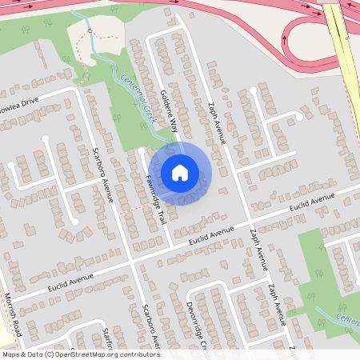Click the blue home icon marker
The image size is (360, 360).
click(179, 172)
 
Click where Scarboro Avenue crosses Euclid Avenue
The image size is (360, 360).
click(130, 261)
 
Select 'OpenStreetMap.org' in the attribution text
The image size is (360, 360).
click(89, 354)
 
